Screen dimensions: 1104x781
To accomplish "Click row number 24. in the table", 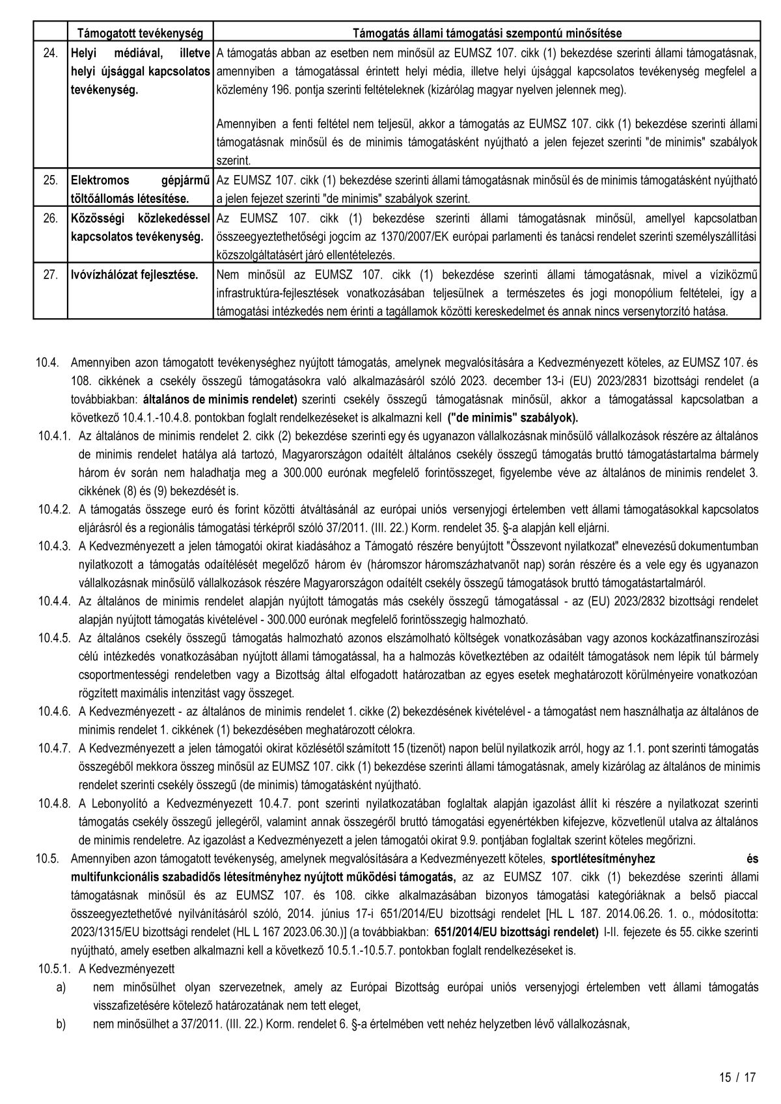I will click(50, 53).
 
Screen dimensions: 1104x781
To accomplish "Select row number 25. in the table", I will click(50, 180).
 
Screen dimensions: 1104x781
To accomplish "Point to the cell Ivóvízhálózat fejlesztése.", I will click(133, 275).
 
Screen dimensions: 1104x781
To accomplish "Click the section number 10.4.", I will click(49, 361).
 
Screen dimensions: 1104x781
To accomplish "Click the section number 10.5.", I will click(49, 858).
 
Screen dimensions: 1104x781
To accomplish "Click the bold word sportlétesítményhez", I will click(603, 858).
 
